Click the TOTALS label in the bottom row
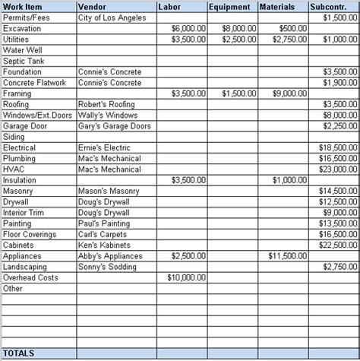pos(19,353)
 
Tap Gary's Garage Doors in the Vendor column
pos(115,126)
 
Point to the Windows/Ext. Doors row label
pos(37,115)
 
